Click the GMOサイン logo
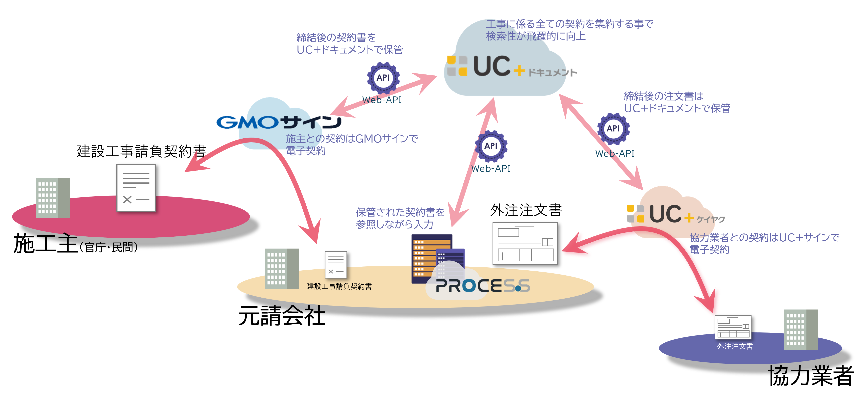coord(279,122)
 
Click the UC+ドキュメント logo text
coord(512,66)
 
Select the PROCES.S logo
coord(483,286)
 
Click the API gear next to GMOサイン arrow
coord(383,78)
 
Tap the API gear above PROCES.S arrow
coord(491,146)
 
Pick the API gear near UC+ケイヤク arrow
coord(613,129)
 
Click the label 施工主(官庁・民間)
coord(75,243)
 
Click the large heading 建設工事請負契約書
coord(141,151)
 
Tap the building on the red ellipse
coord(53,198)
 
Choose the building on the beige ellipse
coord(282,269)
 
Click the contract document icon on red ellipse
coord(136,188)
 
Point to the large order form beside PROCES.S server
coord(525,243)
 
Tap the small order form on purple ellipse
coord(733,327)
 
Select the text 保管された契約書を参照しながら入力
coord(400,218)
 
